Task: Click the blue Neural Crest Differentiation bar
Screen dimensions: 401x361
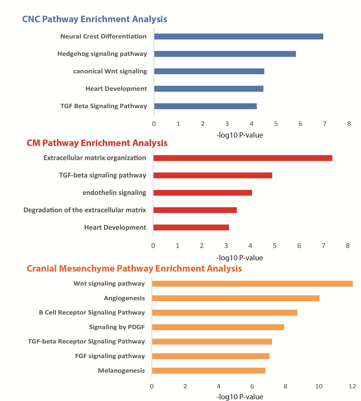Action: (239, 37)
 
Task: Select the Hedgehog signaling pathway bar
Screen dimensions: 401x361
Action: (225, 54)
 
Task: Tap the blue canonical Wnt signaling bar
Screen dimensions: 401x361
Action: (209, 71)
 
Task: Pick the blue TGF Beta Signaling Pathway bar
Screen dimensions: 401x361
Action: (205, 106)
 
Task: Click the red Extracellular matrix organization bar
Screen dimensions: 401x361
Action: (243, 158)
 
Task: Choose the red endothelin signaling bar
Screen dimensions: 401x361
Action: (203, 193)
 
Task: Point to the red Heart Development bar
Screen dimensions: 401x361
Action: (191, 228)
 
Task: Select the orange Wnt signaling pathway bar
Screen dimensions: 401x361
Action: (252, 284)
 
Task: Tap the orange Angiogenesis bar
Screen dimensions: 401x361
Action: (236, 298)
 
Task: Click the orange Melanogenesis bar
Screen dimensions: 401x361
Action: (209, 371)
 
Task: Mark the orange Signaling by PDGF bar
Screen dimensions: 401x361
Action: (218, 327)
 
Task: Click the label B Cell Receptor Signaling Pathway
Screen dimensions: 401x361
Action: (92, 313)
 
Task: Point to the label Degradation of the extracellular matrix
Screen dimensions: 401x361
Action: (85, 210)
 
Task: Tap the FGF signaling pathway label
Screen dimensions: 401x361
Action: (110, 356)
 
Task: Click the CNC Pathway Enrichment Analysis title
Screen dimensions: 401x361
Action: (95, 19)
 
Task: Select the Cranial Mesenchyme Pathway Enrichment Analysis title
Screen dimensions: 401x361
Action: (134, 268)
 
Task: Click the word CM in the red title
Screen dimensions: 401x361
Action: (33, 143)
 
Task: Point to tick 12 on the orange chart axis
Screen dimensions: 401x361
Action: (352, 386)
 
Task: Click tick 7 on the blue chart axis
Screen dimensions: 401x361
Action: (325, 124)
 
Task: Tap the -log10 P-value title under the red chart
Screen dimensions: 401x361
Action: (240, 258)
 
